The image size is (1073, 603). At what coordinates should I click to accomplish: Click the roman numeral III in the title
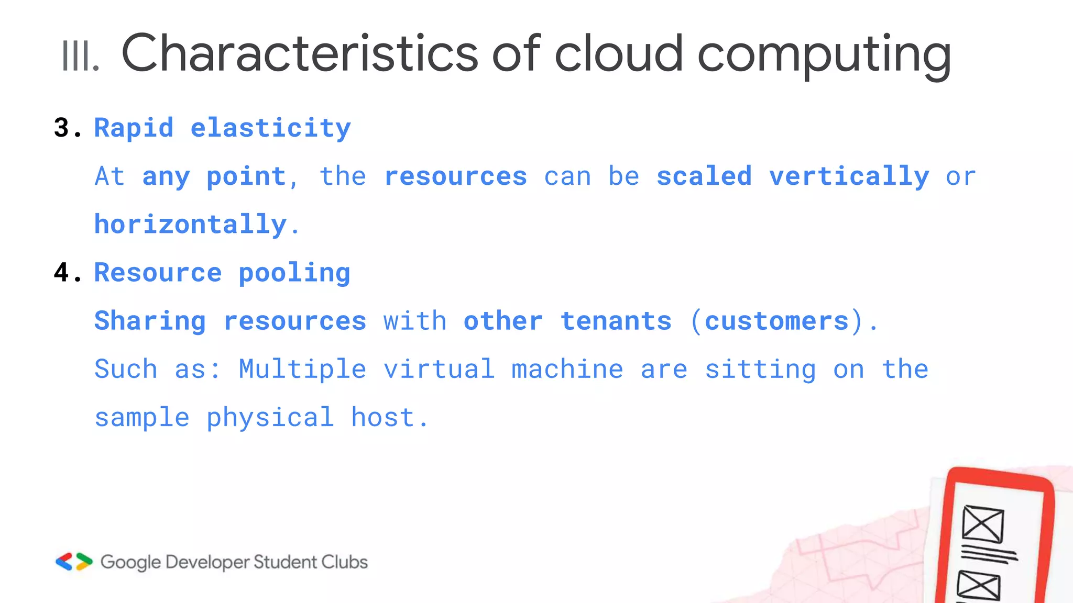click(80, 55)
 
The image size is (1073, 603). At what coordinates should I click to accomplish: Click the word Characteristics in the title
click(299, 53)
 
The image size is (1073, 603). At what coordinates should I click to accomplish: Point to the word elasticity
click(270, 128)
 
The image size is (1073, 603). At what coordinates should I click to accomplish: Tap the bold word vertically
click(849, 177)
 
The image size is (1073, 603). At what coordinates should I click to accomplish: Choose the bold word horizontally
click(191, 225)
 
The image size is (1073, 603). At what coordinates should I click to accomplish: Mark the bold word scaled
click(704, 176)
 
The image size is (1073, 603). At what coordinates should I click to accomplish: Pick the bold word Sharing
click(150, 321)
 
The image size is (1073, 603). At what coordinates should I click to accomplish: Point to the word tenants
click(616, 321)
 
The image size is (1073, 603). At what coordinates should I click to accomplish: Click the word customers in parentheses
click(776, 321)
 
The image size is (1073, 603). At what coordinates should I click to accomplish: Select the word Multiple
click(302, 370)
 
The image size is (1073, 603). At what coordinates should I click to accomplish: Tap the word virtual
click(439, 368)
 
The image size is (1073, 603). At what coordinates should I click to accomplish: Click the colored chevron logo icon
click(74, 562)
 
